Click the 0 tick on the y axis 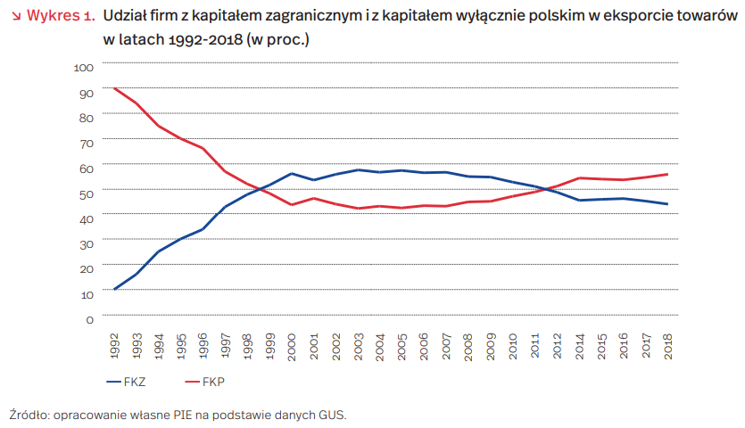(x=90, y=319)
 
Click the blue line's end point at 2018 (x=667, y=204)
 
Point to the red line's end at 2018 (x=667, y=174)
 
